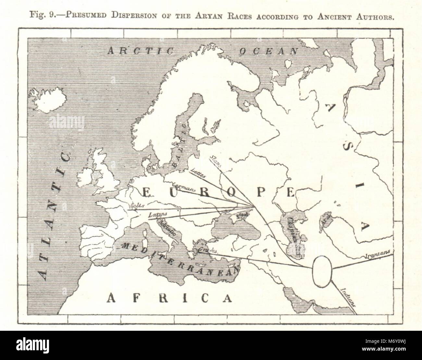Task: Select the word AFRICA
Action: point(170,297)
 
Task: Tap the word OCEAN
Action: point(268,51)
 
